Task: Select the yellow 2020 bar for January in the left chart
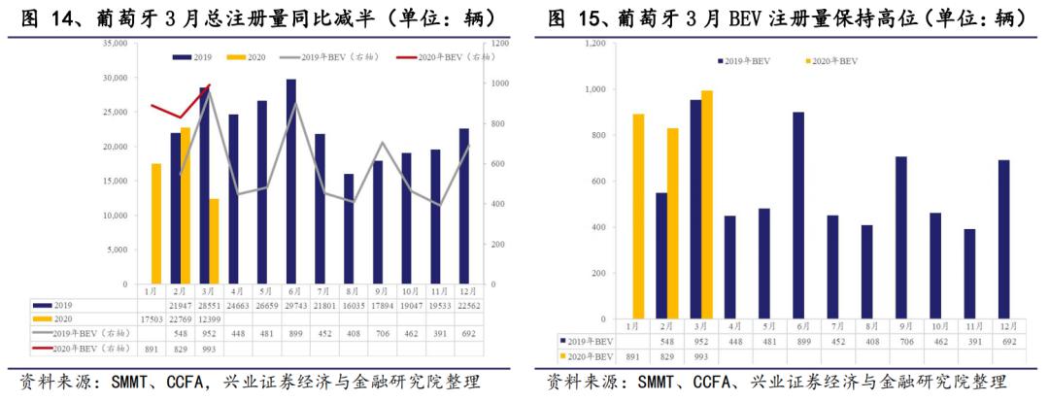pyautogui.click(x=155, y=223)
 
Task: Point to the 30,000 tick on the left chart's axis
pyautogui.click(x=111, y=78)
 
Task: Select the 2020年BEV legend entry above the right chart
pyautogui.click(x=832, y=60)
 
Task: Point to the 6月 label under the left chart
pyautogui.click(x=291, y=290)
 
